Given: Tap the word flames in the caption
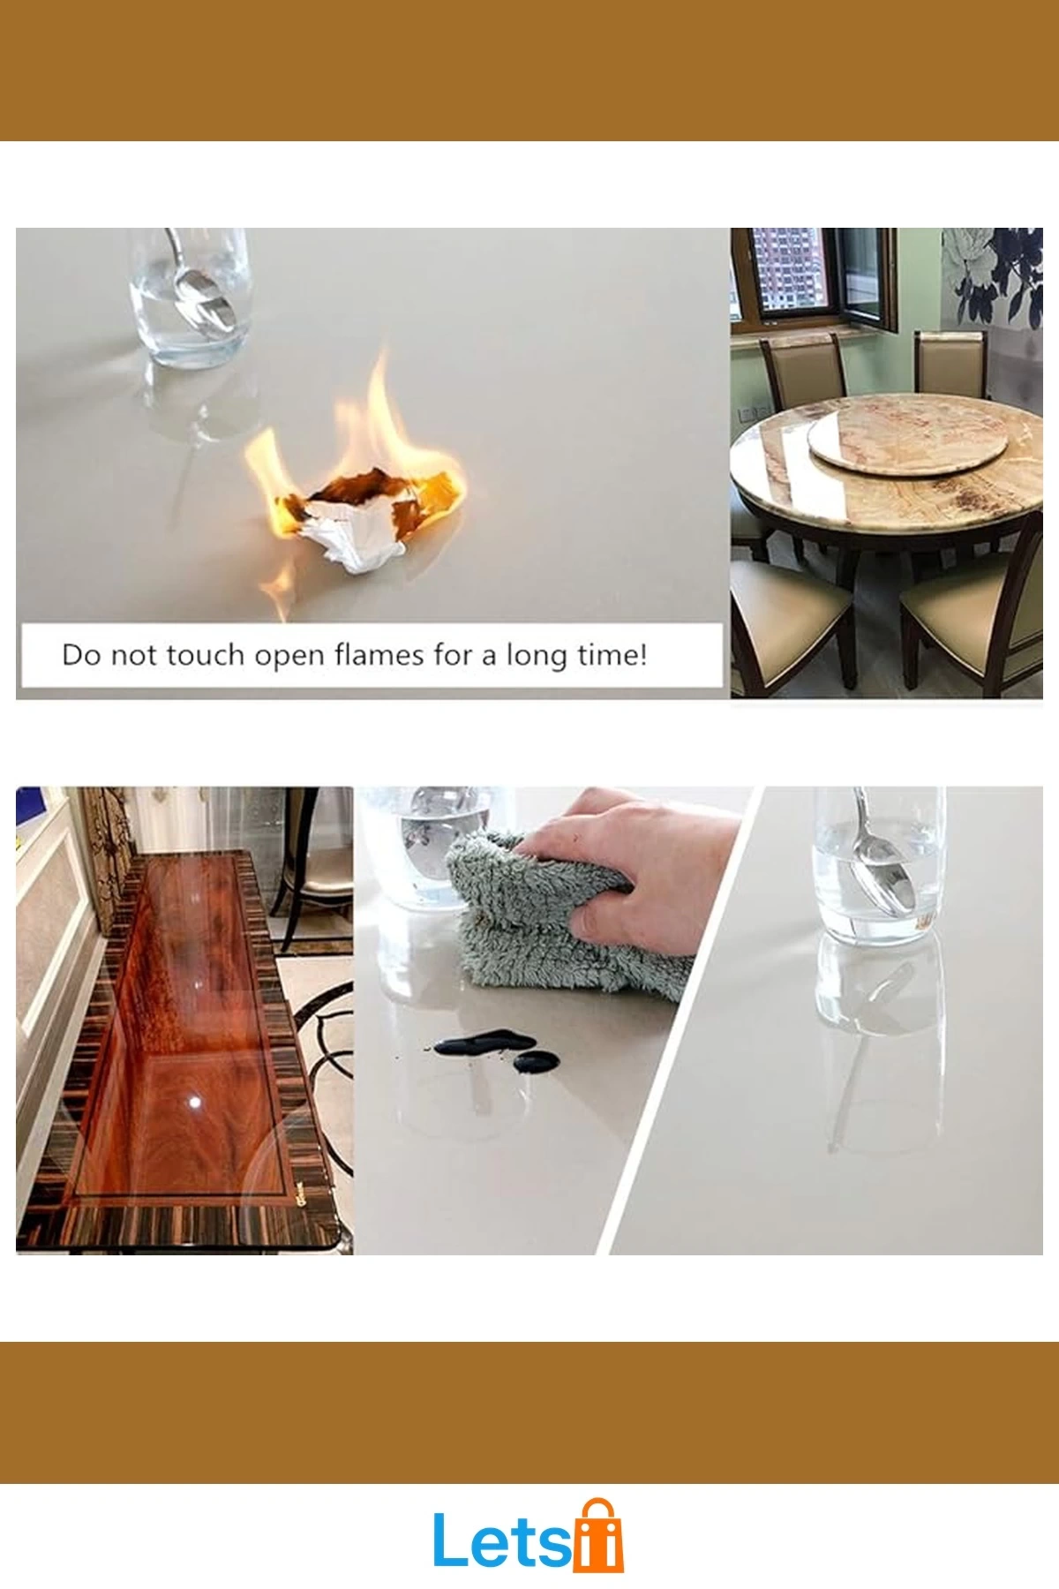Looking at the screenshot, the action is pyautogui.click(x=379, y=655).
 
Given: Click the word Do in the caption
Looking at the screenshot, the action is pyautogui.click(x=81, y=655).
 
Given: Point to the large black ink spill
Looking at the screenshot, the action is pyautogui.click(x=477, y=1043).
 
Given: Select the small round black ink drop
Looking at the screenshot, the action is pyautogui.click(x=536, y=1061).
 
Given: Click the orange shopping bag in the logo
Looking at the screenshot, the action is pyautogui.click(x=598, y=1537).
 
